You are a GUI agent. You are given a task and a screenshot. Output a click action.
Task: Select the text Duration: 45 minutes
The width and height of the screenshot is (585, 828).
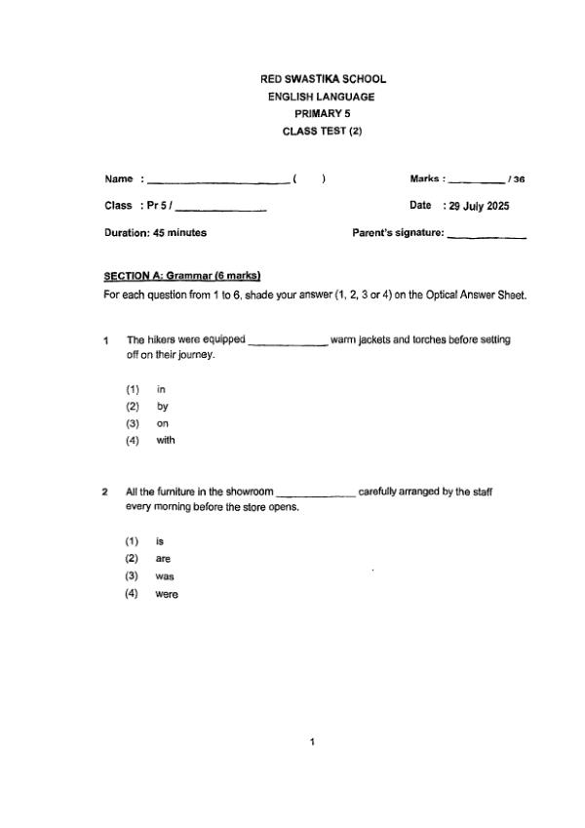click(155, 233)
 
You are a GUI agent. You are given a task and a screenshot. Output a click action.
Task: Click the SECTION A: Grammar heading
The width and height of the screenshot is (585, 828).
click(182, 275)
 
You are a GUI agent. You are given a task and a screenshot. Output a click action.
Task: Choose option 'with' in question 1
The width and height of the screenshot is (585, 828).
click(165, 441)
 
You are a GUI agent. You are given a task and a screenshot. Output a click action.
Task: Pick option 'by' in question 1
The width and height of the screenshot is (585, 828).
click(163, 407)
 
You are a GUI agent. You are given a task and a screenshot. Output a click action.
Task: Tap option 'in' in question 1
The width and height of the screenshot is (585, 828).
click(161, 389)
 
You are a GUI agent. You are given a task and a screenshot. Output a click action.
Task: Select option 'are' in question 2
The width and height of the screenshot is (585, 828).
click(163, 559)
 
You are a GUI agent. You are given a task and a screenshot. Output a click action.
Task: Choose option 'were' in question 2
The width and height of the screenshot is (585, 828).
click(167, 594)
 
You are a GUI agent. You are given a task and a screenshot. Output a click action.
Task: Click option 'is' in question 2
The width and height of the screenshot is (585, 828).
click(160, 541)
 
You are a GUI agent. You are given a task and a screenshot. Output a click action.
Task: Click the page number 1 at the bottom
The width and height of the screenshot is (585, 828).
click(312, 744)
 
